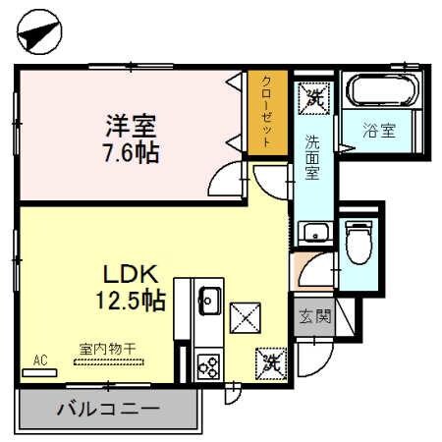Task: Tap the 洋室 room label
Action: point(132,125)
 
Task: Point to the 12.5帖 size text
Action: point(130,301)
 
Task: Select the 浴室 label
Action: point(381,131)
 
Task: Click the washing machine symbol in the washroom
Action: point(314,96)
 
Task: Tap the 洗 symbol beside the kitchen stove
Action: point(271,362)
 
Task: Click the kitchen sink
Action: point(209,298)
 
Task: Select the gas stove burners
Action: point(208,364)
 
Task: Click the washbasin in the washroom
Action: point(313,233)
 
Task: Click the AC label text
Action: point(41,360)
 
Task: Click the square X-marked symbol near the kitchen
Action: point(243,317)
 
